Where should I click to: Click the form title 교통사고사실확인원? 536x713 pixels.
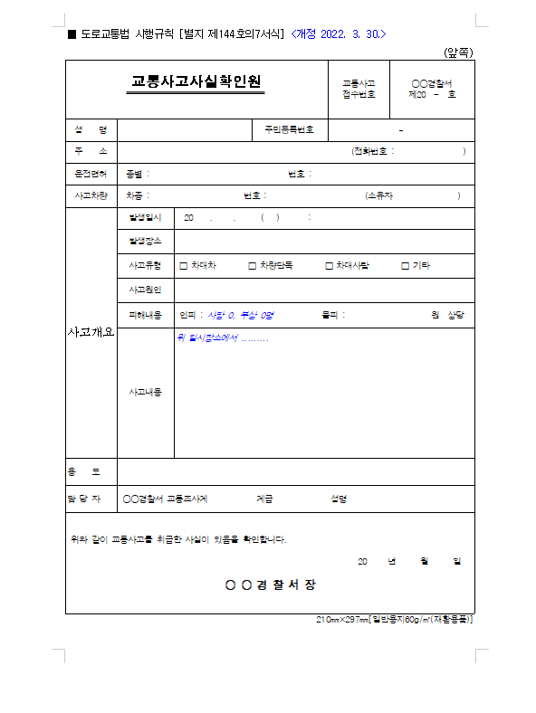click(x=196, y=85)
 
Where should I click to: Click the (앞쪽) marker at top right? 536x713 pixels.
click(x=458, y=52)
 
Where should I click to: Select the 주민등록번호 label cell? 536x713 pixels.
click(x=289, y=129)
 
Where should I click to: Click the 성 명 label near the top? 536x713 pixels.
click(x=91, y=129)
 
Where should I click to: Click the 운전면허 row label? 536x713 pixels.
click(x=91, y=174)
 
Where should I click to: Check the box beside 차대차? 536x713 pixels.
click(x=184, y=266)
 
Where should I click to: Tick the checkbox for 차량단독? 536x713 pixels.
click(x=252, y=266)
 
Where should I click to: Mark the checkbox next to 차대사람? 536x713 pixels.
click(x=329, y=266)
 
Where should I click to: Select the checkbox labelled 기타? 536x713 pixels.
click(x=406, y=266)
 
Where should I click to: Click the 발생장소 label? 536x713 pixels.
click(x=145, y=242)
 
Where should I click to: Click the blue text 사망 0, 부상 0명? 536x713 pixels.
click(x=240, y=315)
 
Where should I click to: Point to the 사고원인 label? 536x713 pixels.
click(x=145, y=290)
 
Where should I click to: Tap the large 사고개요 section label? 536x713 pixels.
click(x=91, y=332)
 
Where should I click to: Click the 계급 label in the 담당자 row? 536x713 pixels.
click(x=264, y=499)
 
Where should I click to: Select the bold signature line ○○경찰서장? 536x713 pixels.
click(x=271, y=585)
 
